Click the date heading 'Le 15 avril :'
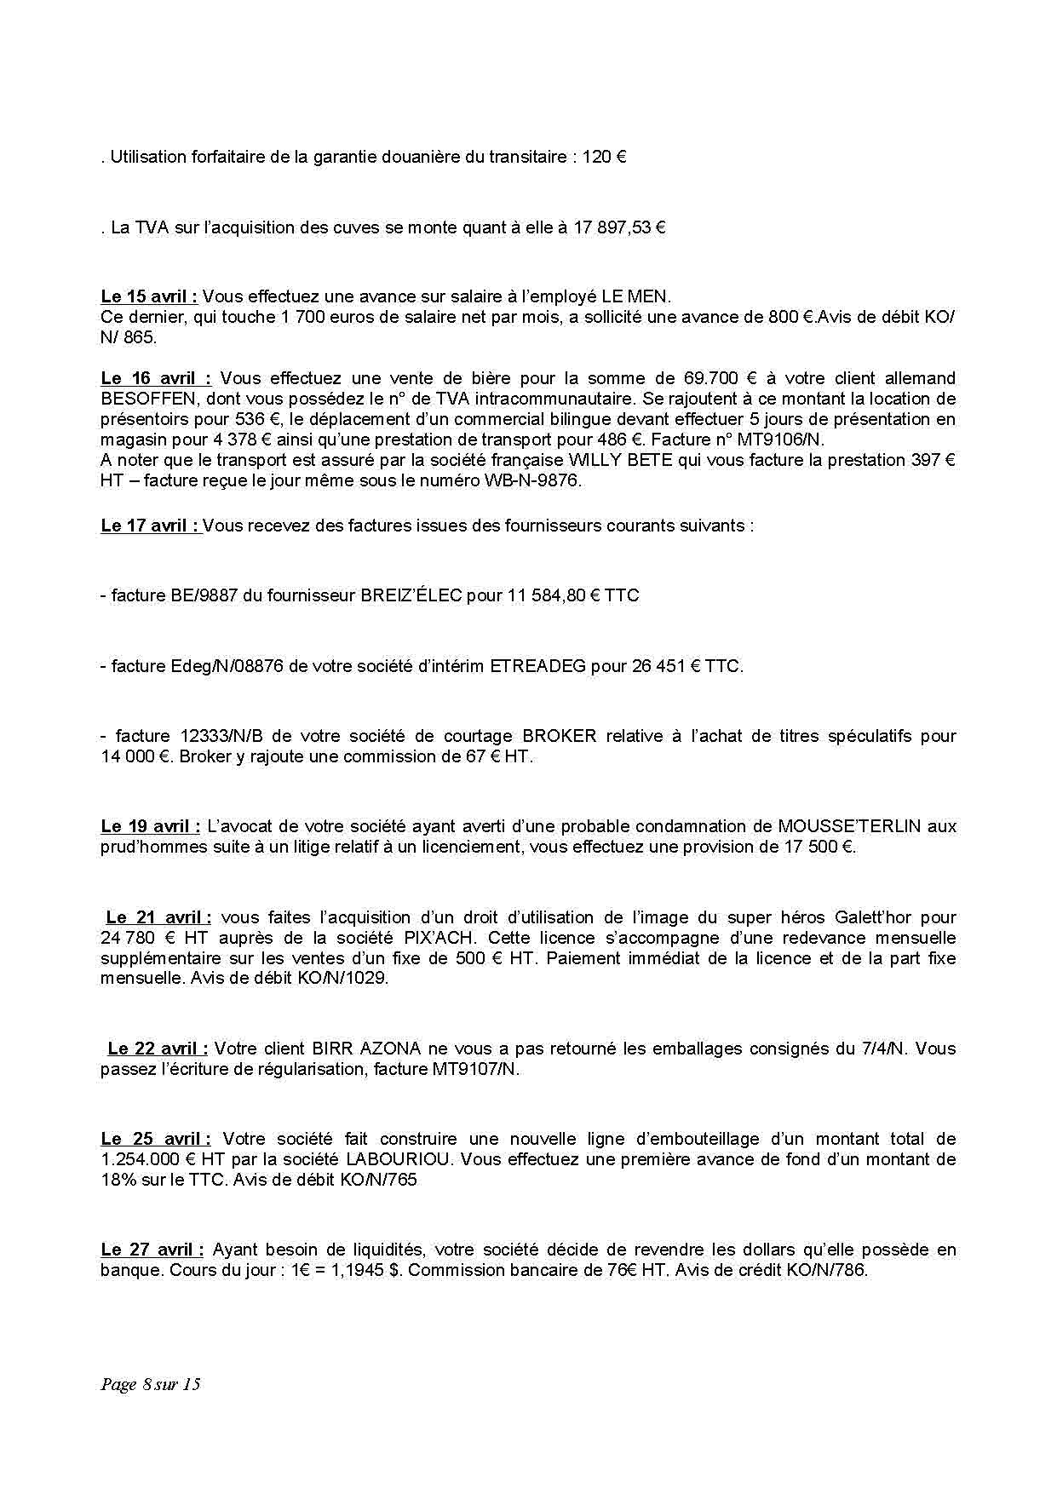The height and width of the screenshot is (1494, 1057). (149, 296)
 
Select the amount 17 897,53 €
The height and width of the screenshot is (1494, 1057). (619, 227)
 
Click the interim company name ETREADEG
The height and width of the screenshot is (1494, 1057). (538, 666)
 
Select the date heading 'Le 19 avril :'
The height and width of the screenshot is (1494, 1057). (151, 826)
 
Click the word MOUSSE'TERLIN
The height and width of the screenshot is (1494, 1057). (849, 826)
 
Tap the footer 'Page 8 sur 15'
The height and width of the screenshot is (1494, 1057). (150, 1383)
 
